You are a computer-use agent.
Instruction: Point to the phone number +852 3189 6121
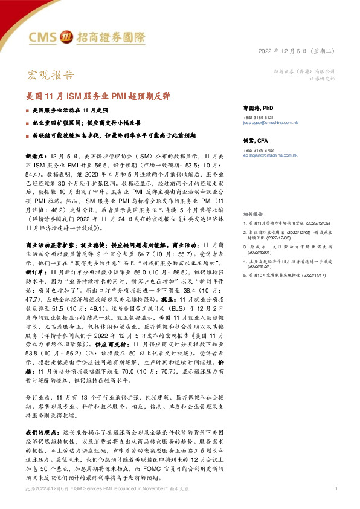[x=259, y=117]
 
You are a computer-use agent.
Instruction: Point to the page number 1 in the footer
[x=335, y=488]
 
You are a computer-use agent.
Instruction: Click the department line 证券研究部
[x=321, y=79]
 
